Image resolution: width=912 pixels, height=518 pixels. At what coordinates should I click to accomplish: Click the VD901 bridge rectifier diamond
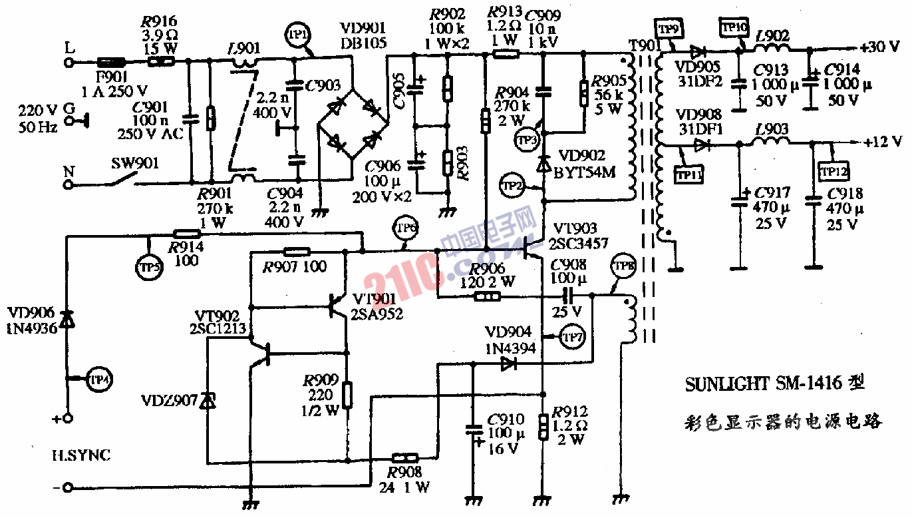click(x=353, y=123)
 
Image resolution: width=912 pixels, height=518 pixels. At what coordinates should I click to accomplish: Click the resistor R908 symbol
click(x=404, y=458)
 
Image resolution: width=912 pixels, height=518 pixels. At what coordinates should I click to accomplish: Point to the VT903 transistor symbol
click(x=531, y=250)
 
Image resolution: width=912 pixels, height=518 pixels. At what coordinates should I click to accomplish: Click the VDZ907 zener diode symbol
click(x=208, y=400)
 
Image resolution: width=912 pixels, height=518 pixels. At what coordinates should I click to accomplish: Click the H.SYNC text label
click(x=81, y=455)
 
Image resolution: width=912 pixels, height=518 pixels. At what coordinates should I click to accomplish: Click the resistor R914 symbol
click(x=187, y=234)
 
